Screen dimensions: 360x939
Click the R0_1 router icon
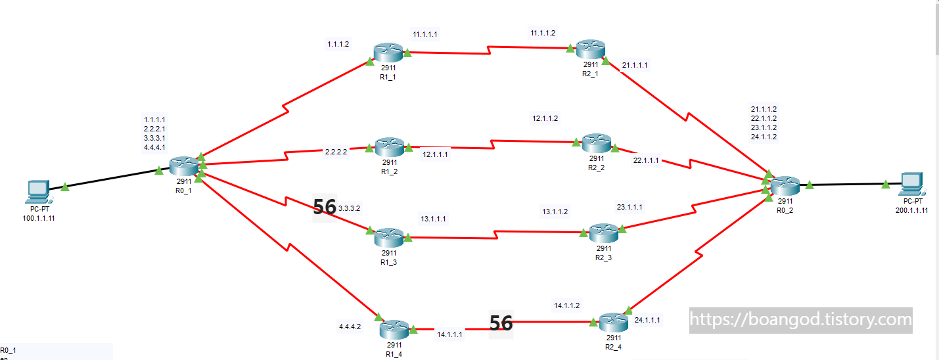[184, 166]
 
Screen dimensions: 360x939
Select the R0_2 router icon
[786, 186]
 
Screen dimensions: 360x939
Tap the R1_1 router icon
[389, 53]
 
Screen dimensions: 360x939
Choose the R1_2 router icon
[390, 147]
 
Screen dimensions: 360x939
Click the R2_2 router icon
[597, 143]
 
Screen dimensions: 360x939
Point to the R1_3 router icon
[389, 237]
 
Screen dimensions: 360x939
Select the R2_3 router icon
[603, 233]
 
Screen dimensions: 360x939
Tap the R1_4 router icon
[394, 328]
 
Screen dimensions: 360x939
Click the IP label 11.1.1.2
[543, 33]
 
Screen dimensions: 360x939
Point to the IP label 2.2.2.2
[336, 151]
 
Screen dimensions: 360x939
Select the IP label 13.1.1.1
[434, 219]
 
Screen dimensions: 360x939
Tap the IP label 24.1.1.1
[647, 320]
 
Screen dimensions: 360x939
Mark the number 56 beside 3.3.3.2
[325, 208]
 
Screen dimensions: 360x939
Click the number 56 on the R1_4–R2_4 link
[501, 323]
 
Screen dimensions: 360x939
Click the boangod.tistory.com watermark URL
[800, 320]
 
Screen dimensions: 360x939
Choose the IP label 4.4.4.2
[350, 326]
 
